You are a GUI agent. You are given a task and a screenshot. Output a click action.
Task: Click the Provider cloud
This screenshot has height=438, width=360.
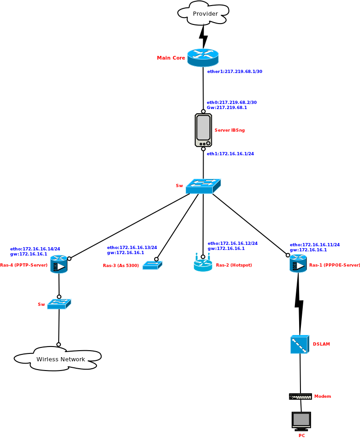(203, 13)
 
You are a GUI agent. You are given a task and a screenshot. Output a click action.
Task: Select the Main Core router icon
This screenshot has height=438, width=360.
(203, 57)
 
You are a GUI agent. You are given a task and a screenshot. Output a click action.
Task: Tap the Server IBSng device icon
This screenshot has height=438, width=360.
(203, 130)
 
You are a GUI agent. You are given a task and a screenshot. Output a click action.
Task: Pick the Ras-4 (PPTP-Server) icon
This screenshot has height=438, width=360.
(59, 264)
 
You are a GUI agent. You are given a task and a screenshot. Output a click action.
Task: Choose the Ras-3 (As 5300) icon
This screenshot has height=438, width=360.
(152, 265)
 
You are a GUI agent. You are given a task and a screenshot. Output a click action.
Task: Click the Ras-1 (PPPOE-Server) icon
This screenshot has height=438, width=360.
(298, 263)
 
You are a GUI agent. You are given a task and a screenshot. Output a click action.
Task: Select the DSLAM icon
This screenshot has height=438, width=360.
(300, 344)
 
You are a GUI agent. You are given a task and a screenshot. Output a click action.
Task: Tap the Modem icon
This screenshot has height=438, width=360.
(300, 396)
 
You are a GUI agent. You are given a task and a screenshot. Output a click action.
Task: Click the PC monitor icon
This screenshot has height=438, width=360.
(301, 420)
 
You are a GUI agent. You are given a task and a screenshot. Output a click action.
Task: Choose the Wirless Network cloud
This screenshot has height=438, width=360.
(58, 359)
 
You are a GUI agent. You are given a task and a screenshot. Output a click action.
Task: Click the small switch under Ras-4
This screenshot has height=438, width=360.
(59, 304)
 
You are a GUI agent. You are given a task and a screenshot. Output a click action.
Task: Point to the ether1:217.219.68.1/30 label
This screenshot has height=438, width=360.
(234, 72)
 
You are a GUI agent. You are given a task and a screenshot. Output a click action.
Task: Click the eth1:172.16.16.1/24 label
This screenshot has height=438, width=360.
(230, 154)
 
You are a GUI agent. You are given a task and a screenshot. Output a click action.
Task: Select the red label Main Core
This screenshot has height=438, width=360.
(171, 58)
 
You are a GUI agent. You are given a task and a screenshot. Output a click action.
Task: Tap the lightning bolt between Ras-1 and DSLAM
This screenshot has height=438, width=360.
(299, 303)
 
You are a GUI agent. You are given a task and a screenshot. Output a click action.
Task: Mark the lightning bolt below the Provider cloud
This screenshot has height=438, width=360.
(203, 36)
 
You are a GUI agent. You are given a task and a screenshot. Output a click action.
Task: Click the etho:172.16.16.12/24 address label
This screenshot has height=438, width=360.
(233, 243)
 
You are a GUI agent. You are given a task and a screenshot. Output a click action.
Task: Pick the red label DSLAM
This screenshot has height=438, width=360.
(321, 344)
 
